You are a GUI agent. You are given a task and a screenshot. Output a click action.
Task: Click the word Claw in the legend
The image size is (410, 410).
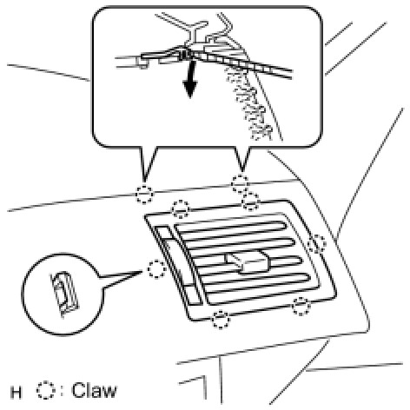tap(94, 390)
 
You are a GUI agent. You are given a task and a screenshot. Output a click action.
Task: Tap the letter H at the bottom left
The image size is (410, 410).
tap(16, 393)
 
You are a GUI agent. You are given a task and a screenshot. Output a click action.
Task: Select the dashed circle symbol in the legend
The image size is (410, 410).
tap(46, 390)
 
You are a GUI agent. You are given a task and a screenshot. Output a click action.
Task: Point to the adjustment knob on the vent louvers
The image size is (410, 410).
tap(248, 261)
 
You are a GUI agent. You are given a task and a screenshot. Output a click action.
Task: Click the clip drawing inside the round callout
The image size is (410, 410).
tap(64, 294)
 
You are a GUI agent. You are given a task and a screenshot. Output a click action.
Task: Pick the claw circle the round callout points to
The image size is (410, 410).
tap(156, 269)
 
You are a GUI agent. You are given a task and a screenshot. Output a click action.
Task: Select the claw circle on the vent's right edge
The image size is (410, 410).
tap(317, 244)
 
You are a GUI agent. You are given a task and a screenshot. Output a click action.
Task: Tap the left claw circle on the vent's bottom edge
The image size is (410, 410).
tap(221, 320)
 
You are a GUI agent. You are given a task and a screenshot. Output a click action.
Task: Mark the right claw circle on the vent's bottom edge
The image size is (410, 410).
tap(301, 307)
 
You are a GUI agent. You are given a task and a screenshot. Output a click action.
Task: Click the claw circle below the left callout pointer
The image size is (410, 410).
tap(144, 195)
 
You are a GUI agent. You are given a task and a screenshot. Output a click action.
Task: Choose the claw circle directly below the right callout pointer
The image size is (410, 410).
tap(240, 183)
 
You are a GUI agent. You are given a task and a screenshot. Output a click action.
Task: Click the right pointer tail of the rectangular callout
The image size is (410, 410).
tap(242, 159)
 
